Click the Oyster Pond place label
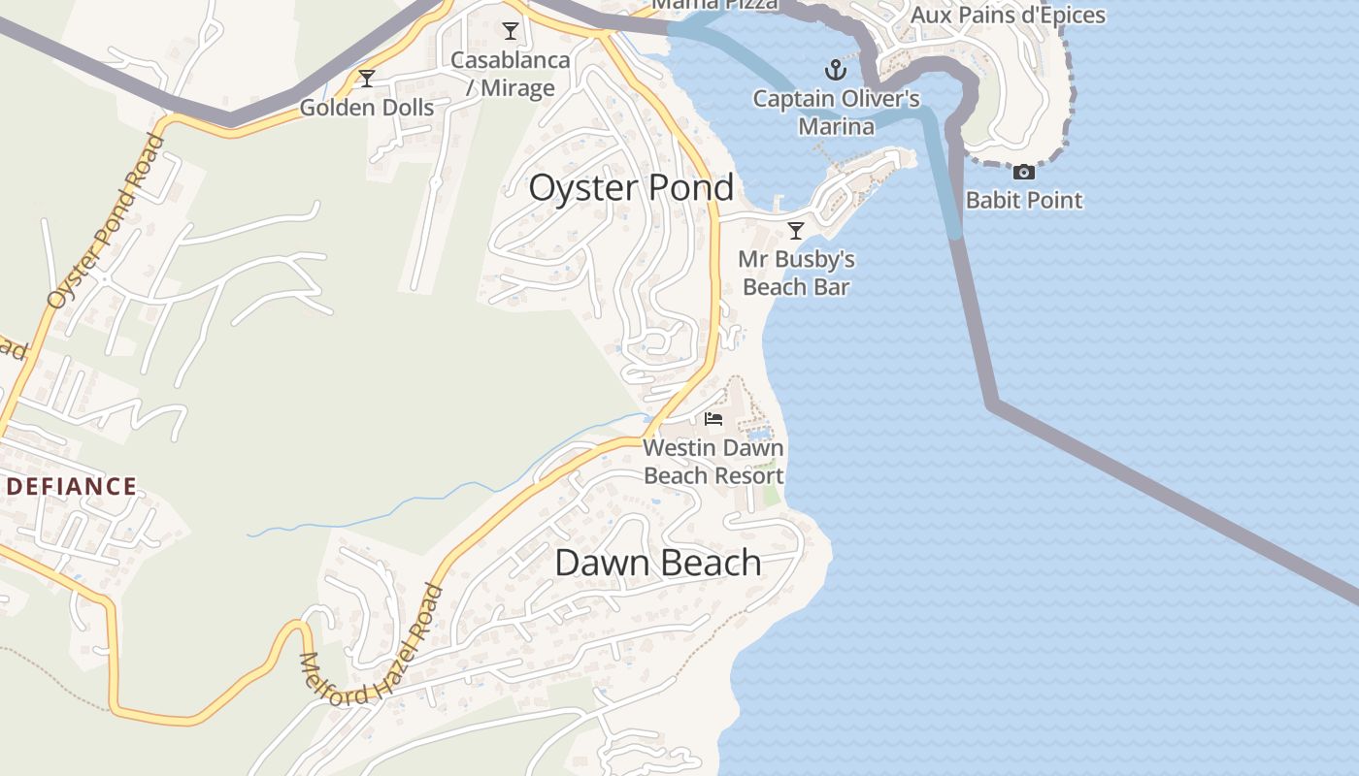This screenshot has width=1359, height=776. tap(631, 187)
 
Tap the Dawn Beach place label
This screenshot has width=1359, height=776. tap(657, 563)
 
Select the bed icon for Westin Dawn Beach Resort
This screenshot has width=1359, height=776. tap(713, 419)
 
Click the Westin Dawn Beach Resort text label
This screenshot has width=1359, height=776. tap(713, 462)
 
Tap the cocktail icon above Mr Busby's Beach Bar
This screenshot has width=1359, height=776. tap(796, 230)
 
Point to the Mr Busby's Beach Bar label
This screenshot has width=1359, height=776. tap(796, 273)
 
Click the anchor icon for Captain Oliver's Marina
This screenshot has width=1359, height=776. tap(835, 70)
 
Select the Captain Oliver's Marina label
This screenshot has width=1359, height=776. tap(836, 112)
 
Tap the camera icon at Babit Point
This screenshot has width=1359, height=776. tap(1023, 173)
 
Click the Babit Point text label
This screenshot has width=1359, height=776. tap(1023, 200)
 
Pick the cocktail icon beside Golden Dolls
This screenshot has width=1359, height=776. tap(367, 79)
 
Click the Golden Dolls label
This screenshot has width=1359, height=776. tap(367, 107)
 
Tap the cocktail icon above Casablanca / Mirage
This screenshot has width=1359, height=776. tap(511, 31)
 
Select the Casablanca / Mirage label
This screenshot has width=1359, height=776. tap(511, 74)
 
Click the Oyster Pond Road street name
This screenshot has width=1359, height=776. tap(106, 222)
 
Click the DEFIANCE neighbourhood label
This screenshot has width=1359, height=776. tap(71, 486)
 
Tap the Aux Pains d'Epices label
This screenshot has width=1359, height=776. tap(1008, 15)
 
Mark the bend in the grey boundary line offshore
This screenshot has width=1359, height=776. tap(992, 404)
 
